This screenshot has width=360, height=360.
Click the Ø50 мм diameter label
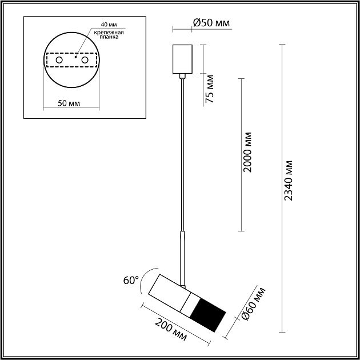pos(211,23)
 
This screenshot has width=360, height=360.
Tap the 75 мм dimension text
pos(209,89)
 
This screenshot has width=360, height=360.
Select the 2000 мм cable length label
pos(248,152)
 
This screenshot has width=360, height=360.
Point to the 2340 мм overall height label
pos(289,181)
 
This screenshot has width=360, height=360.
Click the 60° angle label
pos(131,281)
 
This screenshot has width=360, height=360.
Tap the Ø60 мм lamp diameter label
pos(254,304)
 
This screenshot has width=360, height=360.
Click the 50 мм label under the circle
pos(69,103)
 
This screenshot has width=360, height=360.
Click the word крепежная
pos(109,33)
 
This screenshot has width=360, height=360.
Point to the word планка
pos(109,37)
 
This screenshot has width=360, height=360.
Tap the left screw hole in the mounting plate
pos(59,60)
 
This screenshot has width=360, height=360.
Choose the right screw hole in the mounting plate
pos(85,60)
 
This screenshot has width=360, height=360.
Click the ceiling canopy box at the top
pos(182,59)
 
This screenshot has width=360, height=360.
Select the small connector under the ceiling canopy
pos(182,76)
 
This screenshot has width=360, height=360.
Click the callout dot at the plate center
pos(75,57)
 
